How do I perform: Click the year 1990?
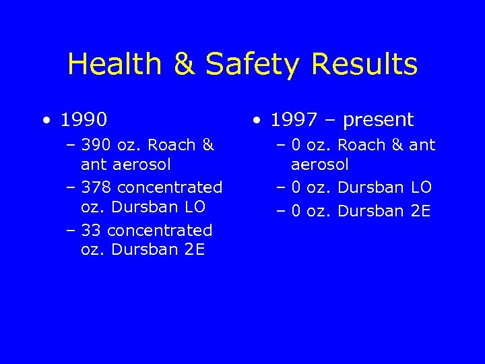(x=84, y=120)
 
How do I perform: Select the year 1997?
(x=294, y=120)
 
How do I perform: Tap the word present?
(x=378, y=121)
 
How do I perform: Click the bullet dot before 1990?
(x=44, y=121)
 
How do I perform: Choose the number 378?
(x=96, y=187)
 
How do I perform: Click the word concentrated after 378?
(x=170, y=187)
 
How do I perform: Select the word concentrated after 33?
(x=160, y=231)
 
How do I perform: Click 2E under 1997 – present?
(x=420, y=211)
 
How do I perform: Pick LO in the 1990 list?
(x=194, y=206)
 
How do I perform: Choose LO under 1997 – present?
(x=420, y=187)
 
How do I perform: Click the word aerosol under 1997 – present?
(x=320, y=164)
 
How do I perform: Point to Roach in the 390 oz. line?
(x=171, y=145)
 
